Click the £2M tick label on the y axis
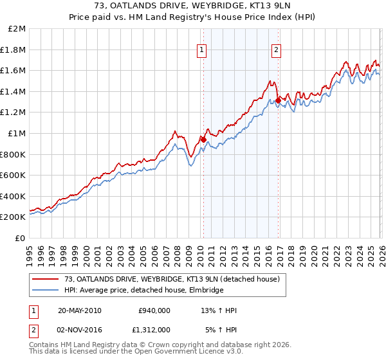pyautogui.click(x=17, y=28)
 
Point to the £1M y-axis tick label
pyautogui.click(x=17, y=133)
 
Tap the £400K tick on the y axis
pyautogui.click(x=14, y=196)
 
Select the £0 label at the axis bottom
pyautogui.click(x=21, y=238)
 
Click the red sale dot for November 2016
pyautogui.click(x=277, y=100)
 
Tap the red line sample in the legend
pyautogui.click(x=46, y=280)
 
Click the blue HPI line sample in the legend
pyautogui.click(x=46, y=291)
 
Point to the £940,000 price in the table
pyautogui.click(x=154, y=310)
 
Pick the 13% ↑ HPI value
pyautogui.click(x=219, y=310)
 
